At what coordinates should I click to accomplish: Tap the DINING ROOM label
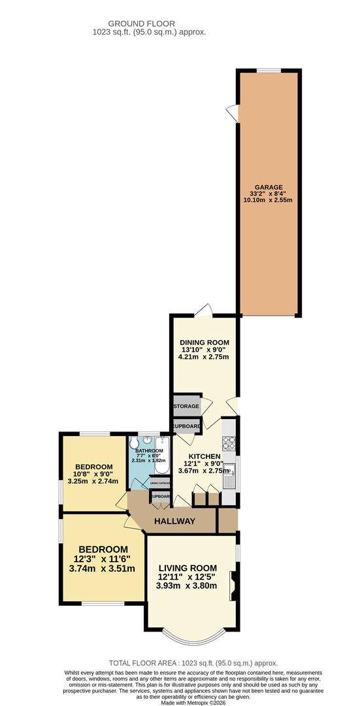click(205, 342)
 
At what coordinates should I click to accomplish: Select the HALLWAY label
click(174, 521)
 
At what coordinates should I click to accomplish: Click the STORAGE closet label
click(186, 407)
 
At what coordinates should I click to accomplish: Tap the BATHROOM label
click(149, 451)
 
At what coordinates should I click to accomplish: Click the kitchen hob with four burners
click(229, 444)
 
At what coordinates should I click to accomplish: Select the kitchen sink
click(230, 481)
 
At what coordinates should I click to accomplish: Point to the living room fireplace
click(232, 585)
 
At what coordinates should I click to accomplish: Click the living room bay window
click(194, 635)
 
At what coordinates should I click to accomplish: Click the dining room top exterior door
click(206, 310)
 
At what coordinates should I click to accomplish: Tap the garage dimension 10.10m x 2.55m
click(268, 200)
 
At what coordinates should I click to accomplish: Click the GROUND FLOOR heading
click(151, 24)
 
